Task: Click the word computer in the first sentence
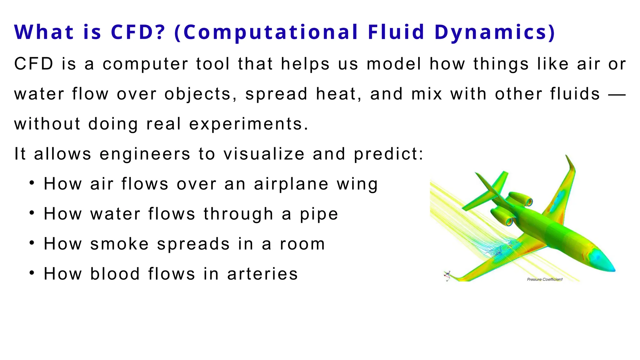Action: (145, 64)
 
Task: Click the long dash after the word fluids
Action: (617, 94)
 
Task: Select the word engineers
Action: (145, 154)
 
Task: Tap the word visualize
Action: (264, 154)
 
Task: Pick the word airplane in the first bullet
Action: (291, 184)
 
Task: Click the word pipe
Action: (319, 214)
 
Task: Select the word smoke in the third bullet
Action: (119, 244)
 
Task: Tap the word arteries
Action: (262, 274)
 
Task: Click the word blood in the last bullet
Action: (115, 274)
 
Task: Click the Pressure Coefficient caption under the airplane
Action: (545, 279)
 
